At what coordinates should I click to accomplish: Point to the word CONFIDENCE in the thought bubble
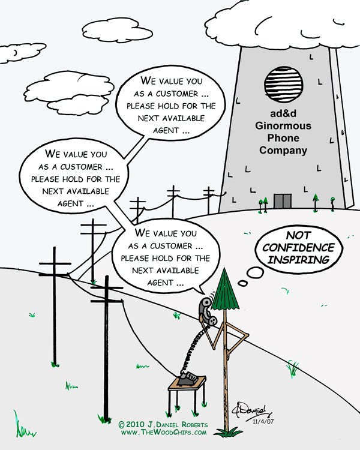[x=294, y=248]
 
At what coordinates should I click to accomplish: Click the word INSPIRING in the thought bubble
[x=294, y=260]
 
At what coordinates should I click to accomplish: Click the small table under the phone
[x=187, y=387]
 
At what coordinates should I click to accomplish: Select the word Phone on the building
[x=283, y=139]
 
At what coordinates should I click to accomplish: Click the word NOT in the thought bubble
[x=294, y=236]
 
